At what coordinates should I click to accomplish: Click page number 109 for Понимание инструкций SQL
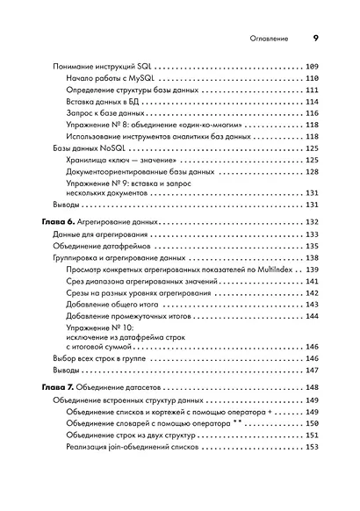[x=312, y=67]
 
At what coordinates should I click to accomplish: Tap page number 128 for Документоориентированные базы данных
[x=312, y=174]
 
